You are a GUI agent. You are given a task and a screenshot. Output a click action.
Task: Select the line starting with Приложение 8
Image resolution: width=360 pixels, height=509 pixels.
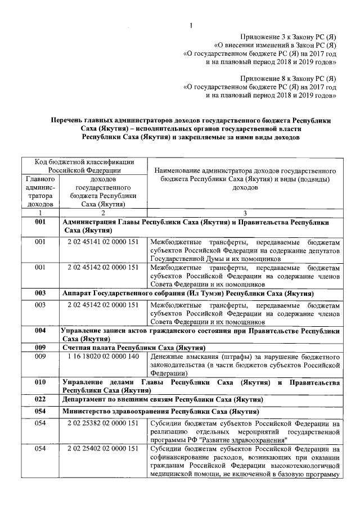(288, 78)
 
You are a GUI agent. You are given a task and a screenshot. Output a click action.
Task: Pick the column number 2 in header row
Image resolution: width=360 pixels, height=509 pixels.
(103, 213)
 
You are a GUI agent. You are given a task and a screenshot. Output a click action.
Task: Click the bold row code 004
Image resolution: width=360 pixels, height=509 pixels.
(40, 331)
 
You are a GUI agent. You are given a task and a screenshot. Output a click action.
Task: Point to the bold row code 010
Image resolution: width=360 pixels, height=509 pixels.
(40, 382)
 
